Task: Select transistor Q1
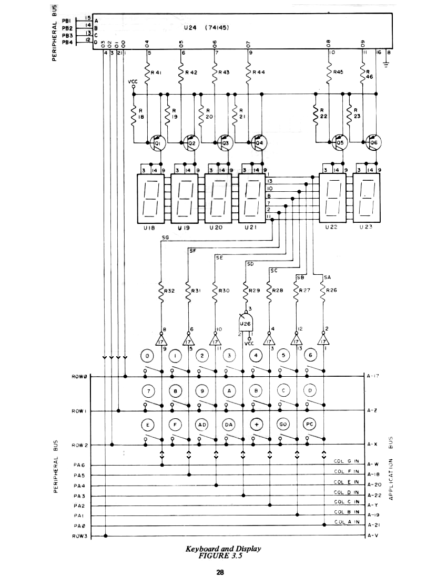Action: click(x=158, y=142)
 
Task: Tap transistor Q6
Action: click(x=374, y=142)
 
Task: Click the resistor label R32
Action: click(x=170, y=290)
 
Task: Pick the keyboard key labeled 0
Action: click(x=146, y=356)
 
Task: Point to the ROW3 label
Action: click(x=78, y=536)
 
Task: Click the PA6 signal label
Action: click(x=79, y=466)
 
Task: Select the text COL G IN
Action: click(x=347, y=461)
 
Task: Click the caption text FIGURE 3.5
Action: click(x=223, y=556)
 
